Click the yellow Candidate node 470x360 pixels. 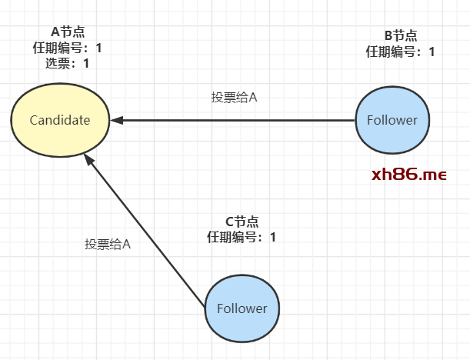pyautogui.click(x=59, y=120)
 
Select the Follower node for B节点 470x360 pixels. pyautogui.click(x=392, y=120)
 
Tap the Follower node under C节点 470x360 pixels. pyautogui.click(x=242, y=308)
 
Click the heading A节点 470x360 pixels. pyautogui.click(x=67, y=32)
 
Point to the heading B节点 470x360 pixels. pyautogui.click(x=400, y=35)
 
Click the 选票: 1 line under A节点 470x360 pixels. pyautogui.click(x=67, y=63)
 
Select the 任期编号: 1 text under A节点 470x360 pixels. pyautogui.click(x=67, y=48)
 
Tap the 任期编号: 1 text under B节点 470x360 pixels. pyautogui.click(x=400, y=52)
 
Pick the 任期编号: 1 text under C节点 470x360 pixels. pyautogui.click(x=242, y=237)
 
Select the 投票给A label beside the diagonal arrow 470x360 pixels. pyautogui.click(x=108, y=244)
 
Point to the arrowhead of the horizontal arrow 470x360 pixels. pyautogui.click(x=115, y=120)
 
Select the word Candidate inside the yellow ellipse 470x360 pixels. pyautogui.click(x=59, y=120)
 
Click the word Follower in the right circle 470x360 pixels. pyautogui.click(x=392, y=120)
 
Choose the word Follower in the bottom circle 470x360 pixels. pyautogui.click(x=242, y=308)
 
